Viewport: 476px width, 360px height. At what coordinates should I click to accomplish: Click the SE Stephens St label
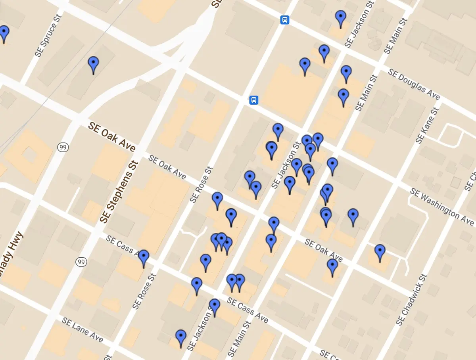(119, 191)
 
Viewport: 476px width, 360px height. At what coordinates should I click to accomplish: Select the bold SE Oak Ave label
(111, 137)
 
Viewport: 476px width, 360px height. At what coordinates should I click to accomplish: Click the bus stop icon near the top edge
(284, 20)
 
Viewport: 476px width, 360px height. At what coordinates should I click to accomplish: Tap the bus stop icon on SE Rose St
(254, 100)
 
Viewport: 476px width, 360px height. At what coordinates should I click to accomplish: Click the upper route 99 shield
(63, 147)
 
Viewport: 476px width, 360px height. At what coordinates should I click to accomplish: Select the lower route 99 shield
(81, 262)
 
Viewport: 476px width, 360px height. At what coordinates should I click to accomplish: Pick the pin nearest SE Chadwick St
(380, 252)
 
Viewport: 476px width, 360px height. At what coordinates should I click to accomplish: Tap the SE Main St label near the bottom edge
(240, 339)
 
